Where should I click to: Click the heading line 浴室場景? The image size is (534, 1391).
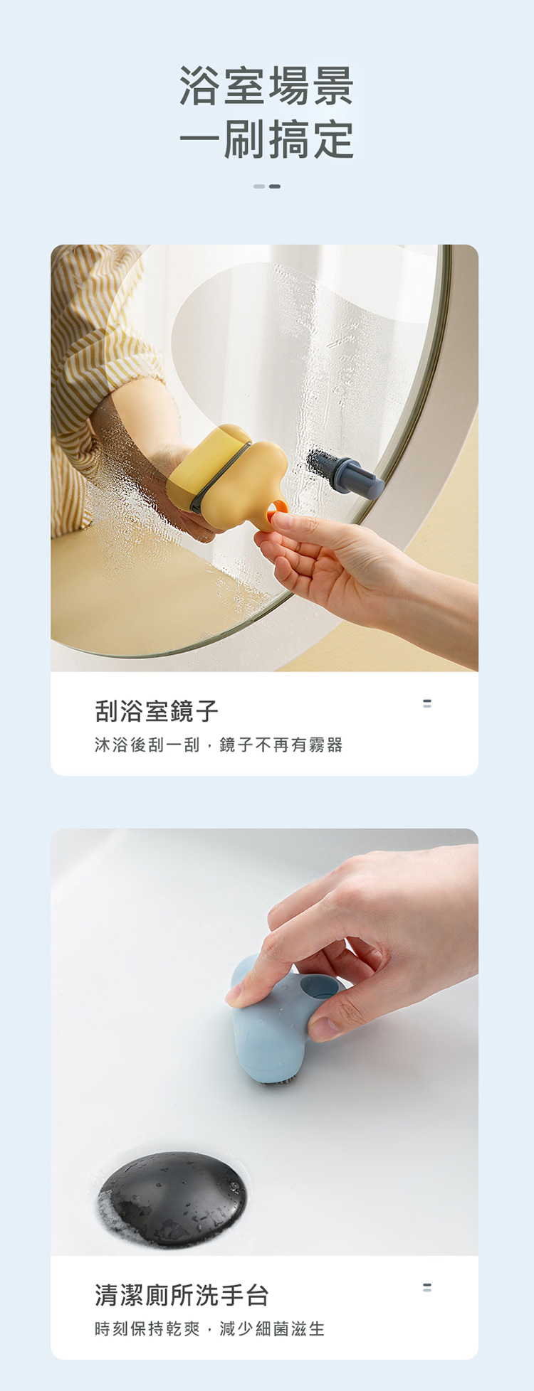266,86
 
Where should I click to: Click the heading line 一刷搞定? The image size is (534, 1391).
266,139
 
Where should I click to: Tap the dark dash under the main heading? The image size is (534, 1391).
275,186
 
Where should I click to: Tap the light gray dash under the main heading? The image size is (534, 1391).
259,186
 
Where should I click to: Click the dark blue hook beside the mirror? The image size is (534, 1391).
345,472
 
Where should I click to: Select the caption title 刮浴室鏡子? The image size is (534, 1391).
157,710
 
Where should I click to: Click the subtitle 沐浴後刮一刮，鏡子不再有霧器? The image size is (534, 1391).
219,745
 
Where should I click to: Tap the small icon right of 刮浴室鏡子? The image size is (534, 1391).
427,703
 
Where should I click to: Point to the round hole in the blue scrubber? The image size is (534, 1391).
318,985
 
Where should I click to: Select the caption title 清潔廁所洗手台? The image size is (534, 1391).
182,1295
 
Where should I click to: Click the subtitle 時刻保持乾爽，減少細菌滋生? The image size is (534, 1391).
210,1328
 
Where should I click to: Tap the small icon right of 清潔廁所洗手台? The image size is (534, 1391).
427,1287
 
